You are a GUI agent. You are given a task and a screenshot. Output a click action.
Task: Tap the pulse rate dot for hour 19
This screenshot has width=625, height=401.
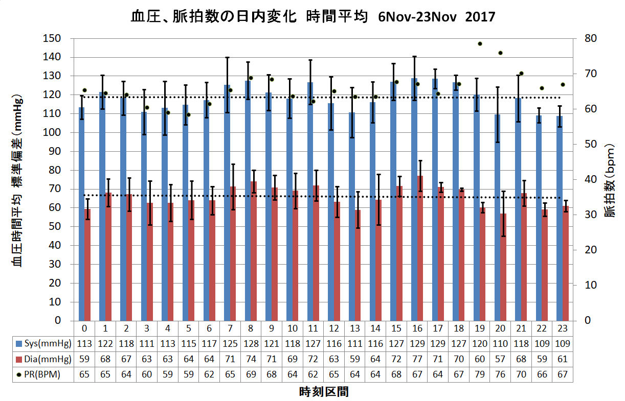click(480, 43)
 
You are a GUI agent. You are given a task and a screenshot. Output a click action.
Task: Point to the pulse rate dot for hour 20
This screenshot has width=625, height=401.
click(500, 53)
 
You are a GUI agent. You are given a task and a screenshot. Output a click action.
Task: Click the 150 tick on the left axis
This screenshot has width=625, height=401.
click(53, 38)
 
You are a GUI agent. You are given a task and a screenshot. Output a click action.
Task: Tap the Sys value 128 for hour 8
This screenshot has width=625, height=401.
click(250, 342)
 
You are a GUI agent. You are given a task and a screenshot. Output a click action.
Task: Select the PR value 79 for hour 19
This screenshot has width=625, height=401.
click(480, 374)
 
